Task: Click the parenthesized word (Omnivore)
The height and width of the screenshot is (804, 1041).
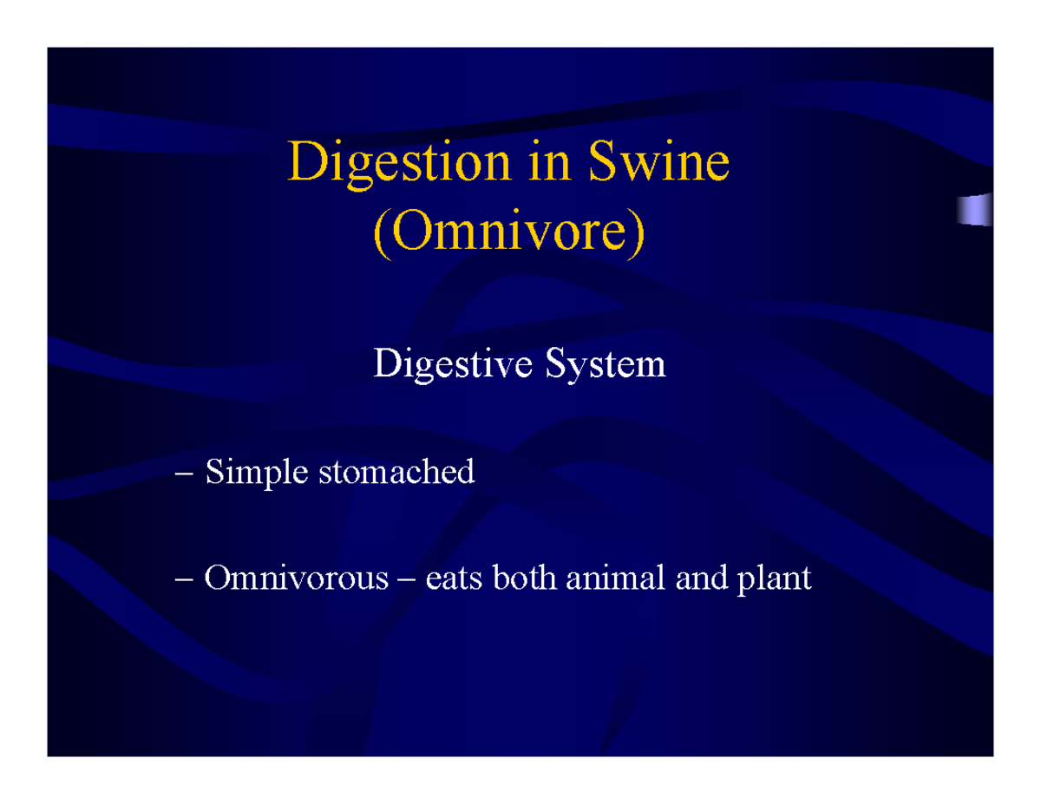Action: (x=510, y=232)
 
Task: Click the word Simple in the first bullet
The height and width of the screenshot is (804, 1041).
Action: (x=255, y=474)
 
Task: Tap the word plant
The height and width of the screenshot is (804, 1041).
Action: (x=774, y=579)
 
